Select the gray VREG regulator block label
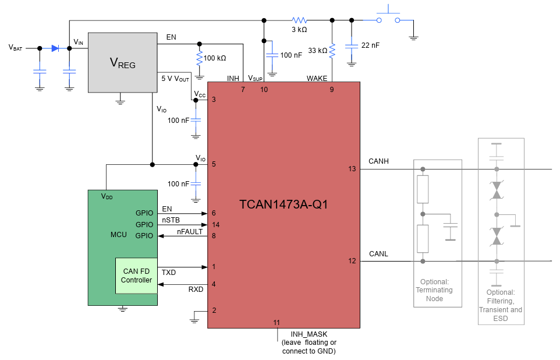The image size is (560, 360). pyautogui.click(x=122, y=63)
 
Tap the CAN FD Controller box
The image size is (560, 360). pyautogui.click(x=136, y=276)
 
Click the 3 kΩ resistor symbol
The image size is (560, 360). pyautogui.click(x=299, y=20)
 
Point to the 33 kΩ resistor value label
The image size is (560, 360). pyautogui.click(x=317, y=51)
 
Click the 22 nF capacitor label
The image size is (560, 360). pyautogui.click(x=370, y=45)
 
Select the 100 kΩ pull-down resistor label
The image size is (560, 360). pyautogui.click(x=215, y=58)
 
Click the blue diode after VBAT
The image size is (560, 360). pyautogui.click(x=55, y=48)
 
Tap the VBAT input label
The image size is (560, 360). pyautogui.click(x=16, y=48)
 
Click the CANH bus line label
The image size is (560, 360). pyautogui.click(x=378, y=161)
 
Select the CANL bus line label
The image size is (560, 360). pyautogui.click(x=378, y=254)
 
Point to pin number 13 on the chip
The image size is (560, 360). pyautogui.click(x=352, y=169)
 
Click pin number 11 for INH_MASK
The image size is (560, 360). pyautogui.click(x=277, y=322)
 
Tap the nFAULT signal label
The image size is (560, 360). pyautogui.click(x=190, y=231)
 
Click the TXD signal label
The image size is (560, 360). pyautogui.click(x=169, y=272)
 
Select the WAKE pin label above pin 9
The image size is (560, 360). pyautogui.click(x=317, y=78)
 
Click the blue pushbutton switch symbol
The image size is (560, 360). pyautogui.click(x=389, y=16)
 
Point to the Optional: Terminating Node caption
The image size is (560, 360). pyautogui.click(x=434, y=290)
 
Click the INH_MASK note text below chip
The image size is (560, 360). pyautogui.click(x=309, y=343)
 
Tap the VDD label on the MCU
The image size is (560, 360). pyautogui.click(x=107, y=196)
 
